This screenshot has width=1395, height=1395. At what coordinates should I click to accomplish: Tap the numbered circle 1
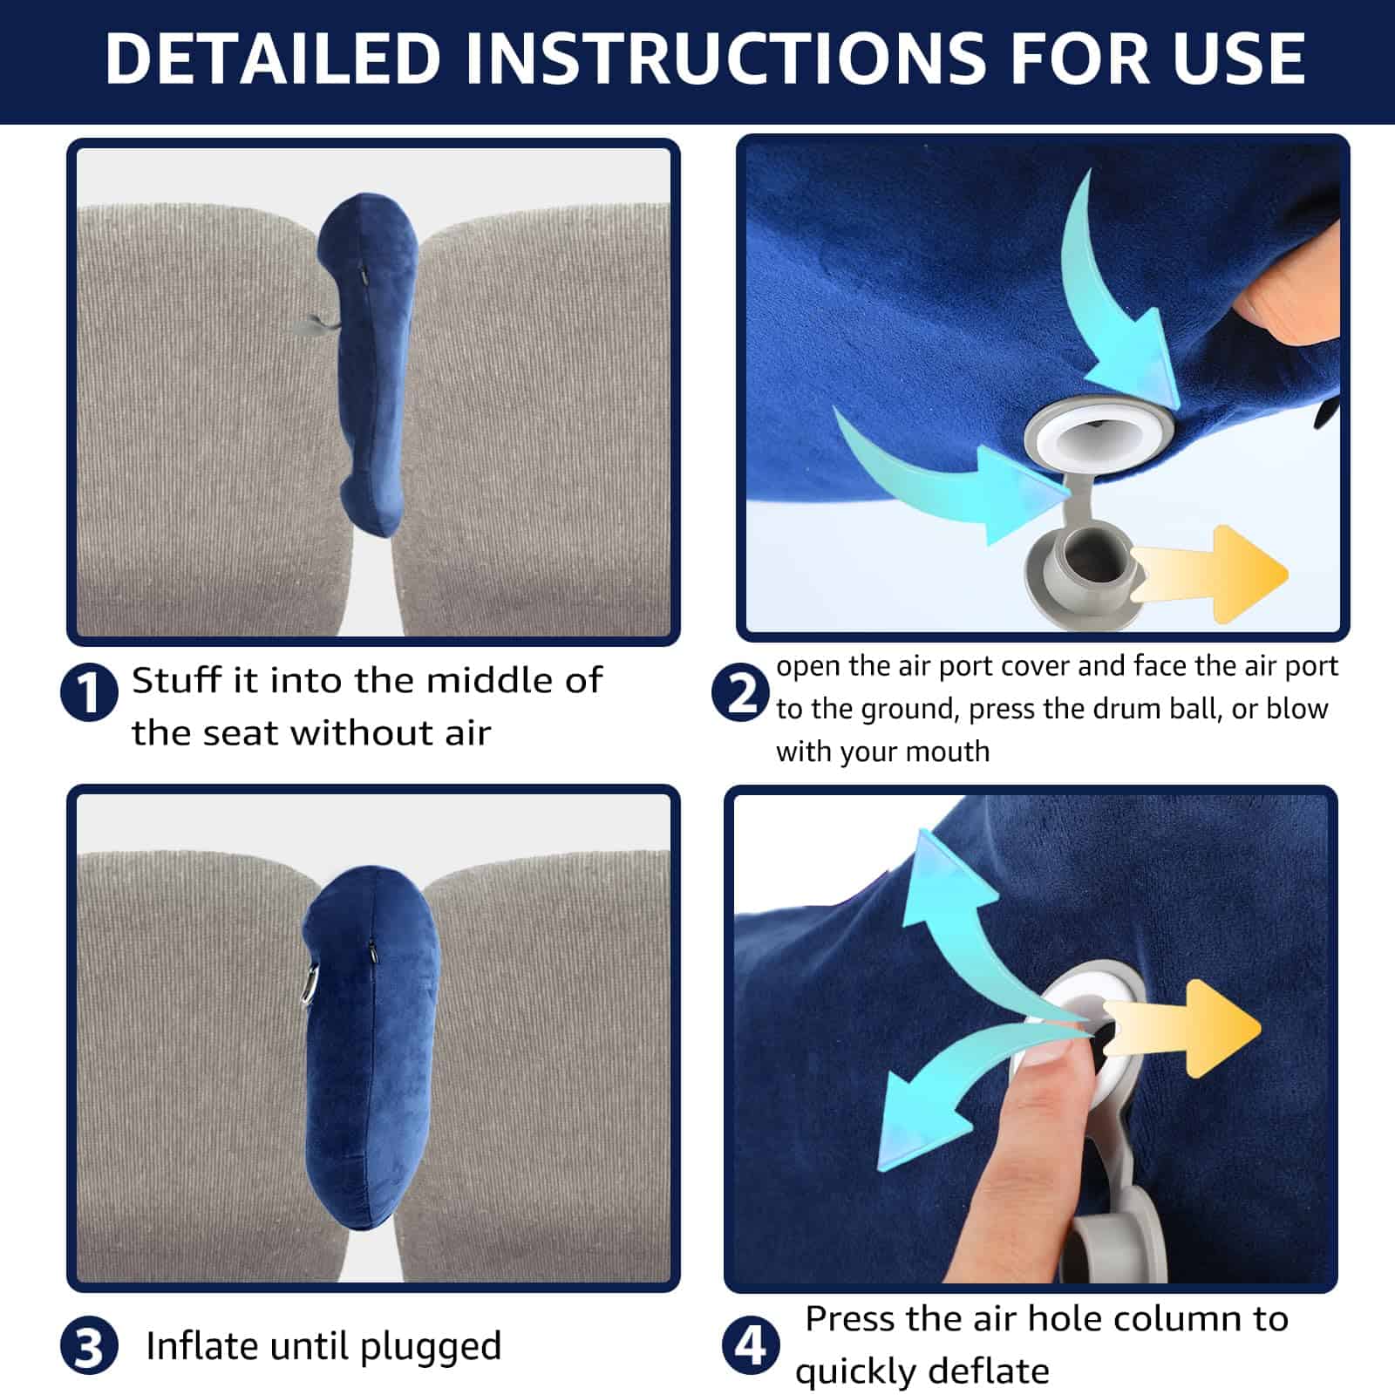pyautogui.click(x=89, y=692)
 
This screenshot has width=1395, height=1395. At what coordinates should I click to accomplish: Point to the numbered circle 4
pyautogui.click(x=751, y=1344)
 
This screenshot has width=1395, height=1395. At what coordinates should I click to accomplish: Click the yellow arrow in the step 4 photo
pyautogui.click(x=1182, y=1028)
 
